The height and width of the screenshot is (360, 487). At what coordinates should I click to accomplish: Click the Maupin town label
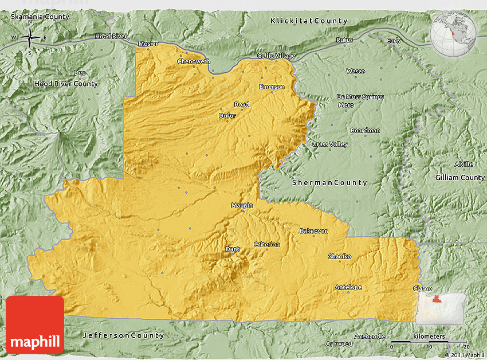tap(242, 205)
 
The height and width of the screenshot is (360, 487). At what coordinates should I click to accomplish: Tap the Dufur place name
tap(227, 115)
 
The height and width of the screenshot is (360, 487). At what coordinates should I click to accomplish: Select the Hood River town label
tap(111, 36)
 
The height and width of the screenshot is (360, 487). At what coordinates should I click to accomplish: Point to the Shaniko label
tap(340, 256)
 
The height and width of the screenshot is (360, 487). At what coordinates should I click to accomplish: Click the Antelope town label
tap(348, 287)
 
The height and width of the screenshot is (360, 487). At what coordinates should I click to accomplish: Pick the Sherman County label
tap(329, 183)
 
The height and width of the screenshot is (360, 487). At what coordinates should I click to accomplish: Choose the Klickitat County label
tap(309, 21)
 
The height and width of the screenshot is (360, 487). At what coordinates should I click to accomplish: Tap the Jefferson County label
tap(123, 335)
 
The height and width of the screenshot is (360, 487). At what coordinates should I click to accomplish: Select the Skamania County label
tap(40, 17)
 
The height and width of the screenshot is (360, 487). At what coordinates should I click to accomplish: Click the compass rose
tap(29, 38)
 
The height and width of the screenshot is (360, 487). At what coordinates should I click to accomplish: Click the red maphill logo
tap(35, 324)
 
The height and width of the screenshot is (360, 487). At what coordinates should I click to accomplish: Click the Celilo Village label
tap(276, 56)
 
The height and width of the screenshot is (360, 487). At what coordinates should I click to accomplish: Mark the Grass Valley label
tap(329, 144)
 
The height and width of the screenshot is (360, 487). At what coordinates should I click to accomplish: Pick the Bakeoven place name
tap(313, 231)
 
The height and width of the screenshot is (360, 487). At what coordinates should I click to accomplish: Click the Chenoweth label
tap(194, 61)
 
